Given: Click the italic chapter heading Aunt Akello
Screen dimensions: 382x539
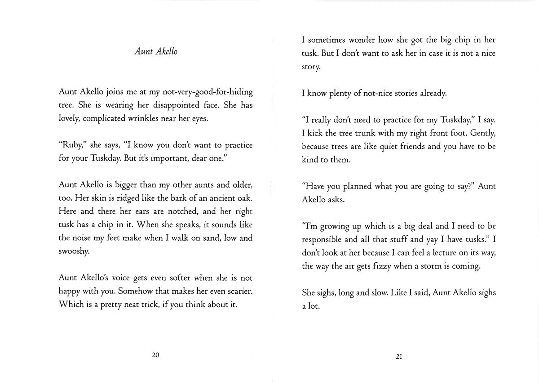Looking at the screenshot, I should click(156, 51).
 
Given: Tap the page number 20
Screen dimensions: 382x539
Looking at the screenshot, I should click(156, 355).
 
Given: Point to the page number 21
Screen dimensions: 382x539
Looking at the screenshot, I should click(398, 357).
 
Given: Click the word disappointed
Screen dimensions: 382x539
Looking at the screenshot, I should click(174, 105).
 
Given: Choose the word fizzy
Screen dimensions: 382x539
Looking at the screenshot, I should click(380, 266).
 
